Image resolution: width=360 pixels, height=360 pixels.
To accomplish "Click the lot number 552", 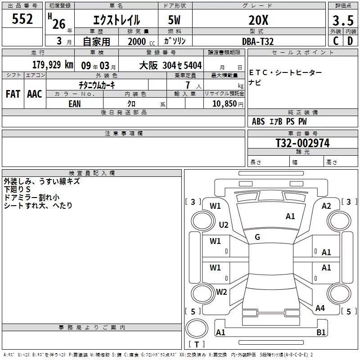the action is [x=22, y=19].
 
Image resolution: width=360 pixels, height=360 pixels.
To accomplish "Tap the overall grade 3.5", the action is [x=343, y=20].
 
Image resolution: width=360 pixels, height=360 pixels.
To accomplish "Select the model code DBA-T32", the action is [x=258, y=41].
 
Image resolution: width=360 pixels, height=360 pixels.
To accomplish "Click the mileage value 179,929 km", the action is [x=53, y=65].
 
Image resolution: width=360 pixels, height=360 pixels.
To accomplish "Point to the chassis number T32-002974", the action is [x=302, y=143].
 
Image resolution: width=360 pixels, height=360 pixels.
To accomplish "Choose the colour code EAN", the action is [x=75, y=104].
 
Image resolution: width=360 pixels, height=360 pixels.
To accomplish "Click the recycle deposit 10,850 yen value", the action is [x=228, y=104].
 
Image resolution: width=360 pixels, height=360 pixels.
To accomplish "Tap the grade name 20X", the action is [x=258, y=20].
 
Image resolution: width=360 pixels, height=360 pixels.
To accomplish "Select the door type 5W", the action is [x=174, y=20].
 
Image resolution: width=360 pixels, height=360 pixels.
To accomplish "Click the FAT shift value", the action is [x=13, y=94].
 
